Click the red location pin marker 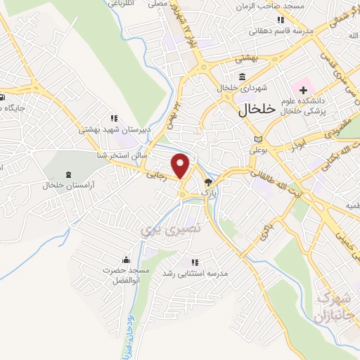point(181,165)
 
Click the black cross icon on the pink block point(303,89)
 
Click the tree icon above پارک point(207,181)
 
